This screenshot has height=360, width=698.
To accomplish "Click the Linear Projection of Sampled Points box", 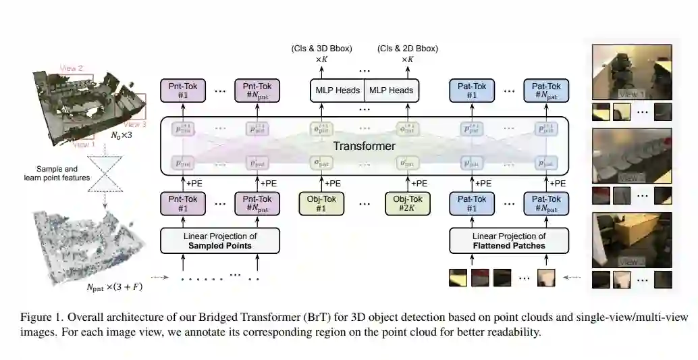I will click(x=220, y=240).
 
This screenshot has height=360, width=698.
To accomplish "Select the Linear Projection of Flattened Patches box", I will click(x=509, y=240).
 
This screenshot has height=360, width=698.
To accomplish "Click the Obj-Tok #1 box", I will click(x=322, y=203).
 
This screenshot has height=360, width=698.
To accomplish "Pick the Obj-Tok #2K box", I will click(x=408, y=203).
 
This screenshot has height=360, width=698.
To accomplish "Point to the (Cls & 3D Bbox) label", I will click(x=321, y=49).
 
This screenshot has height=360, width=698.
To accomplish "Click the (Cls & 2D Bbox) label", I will click(x=408, y=49).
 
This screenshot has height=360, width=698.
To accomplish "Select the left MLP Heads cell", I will click(x=337, y=90).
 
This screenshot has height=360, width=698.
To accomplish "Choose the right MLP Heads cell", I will click(x=392, y=90).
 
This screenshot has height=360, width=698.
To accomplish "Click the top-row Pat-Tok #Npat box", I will click(x=546, y=90).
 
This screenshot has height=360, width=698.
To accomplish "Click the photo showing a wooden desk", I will click(x=631, y=240).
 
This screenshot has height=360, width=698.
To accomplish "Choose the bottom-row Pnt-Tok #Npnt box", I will click(x=256, y=203).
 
